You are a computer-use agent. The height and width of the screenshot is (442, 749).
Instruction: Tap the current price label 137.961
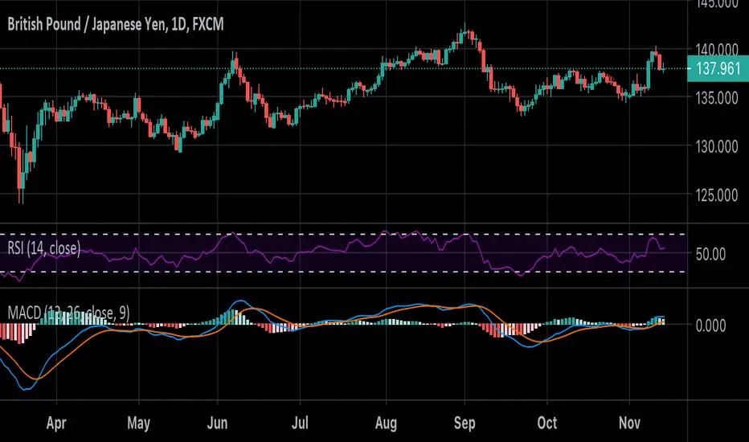coord(718,69)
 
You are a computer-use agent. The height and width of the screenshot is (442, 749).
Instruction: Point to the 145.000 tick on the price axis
coord(718,4)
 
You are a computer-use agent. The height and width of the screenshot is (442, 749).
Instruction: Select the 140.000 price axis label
coord(718,50)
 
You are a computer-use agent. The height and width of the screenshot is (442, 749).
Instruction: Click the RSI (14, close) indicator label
coord(44,249)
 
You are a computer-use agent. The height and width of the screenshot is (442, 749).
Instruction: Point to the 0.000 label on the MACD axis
coord(710,325)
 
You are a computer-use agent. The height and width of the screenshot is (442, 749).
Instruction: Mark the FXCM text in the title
coord(207,25)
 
